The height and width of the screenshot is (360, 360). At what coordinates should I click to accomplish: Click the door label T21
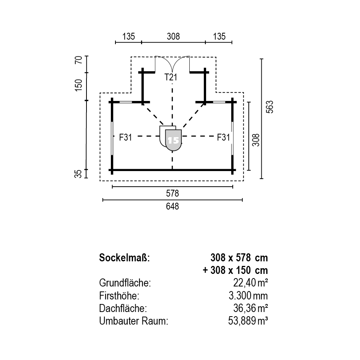(x=171, y=77)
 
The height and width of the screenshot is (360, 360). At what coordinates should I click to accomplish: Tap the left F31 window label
(x=125, y=137)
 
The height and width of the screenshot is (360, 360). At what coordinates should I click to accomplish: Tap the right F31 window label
(x=223, y=137)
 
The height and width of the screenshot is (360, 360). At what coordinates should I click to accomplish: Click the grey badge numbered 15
(x=174, y=140)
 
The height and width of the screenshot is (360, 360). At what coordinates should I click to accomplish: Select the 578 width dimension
(x=173, y=193)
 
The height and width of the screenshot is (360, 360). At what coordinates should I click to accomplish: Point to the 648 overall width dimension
(x=173, y=206)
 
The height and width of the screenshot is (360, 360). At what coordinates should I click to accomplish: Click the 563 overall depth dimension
(x=270, y=107)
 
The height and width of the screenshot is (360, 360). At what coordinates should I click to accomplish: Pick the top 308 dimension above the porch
(x=173, y=36)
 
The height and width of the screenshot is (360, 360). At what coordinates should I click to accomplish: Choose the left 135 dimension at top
(x=129, y=36)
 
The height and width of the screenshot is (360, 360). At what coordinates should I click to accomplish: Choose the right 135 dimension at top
(x=219, y=36)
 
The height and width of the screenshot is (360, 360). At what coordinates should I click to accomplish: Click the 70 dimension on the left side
(x=78, y=60)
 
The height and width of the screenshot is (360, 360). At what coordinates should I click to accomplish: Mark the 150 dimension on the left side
(x=78, y=85)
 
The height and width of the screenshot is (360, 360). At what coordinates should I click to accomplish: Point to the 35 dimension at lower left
(x=78, y=174)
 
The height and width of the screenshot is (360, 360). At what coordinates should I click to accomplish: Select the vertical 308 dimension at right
(x=256, y=140)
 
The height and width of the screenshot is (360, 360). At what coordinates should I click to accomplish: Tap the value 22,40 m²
(x=251, y=283)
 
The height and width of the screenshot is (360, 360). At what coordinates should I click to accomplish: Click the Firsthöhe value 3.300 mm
(x=248, y=296)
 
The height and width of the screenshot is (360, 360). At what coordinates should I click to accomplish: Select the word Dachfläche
(x=123, y=308)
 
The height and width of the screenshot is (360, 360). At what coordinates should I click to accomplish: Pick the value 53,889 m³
(x=248, y=321)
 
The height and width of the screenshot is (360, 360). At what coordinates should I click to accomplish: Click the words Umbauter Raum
(x=134, y=321)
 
